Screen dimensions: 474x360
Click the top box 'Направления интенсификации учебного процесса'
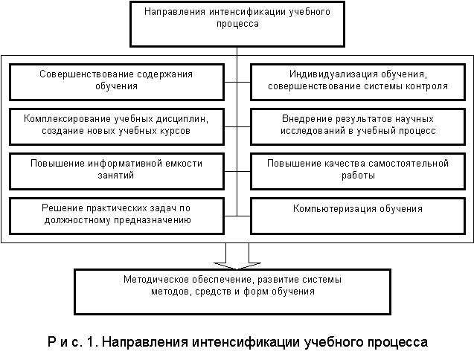tap(237, 25)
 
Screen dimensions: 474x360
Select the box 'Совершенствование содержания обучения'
tap(117, 82)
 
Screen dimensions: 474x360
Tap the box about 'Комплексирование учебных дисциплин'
tap(117, 126)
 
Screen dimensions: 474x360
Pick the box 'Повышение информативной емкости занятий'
tap(117, 171)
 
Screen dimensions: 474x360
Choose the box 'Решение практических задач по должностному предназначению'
tap(117, 216)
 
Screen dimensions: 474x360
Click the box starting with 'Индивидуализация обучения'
tap(358, 82)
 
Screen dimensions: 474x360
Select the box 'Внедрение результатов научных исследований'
tap(358, 126)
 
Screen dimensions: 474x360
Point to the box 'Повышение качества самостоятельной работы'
tap(358, 171)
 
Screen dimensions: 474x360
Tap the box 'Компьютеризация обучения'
tap(358, 216)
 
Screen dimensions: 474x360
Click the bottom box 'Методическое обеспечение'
tap(232, 292)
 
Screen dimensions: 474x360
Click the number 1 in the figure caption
tap(90, 342)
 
